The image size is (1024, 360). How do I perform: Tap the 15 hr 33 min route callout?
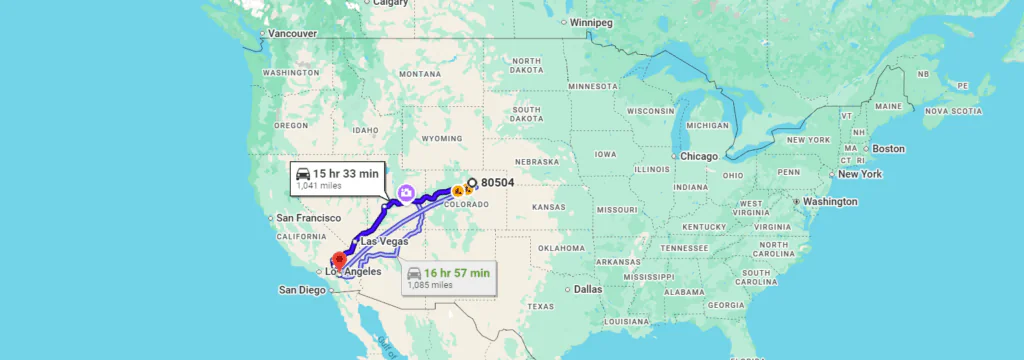[x=336, y=177]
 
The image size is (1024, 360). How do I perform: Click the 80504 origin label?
[x=497, y=183]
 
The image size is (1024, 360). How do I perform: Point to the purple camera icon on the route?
[x=406, y=192]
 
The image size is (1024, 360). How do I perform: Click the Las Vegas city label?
[x=384, y=241]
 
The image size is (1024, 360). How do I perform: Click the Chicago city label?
[x=700, y=157]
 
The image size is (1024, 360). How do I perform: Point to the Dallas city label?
[x=588, y=289]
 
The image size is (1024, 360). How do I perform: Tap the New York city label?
[x=860, y=174]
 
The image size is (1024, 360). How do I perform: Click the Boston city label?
[x=888, y=149]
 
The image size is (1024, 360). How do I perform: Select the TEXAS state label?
[x=540, y=305]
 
